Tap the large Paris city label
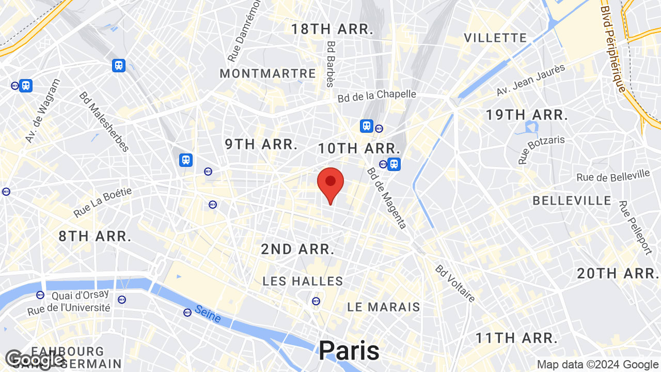pyautogui.click(x=349, y=351)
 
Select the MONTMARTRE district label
pyautogui.click(x=267, y=74)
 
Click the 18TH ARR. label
pyautogui.click(x=332, y=29)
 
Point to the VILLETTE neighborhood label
pyautogui.click(x=495, y=38)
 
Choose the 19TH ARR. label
pyautogui.click(x=527, y=115)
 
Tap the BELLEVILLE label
pyautogui.click(x=572, y=200)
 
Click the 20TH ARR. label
pyautogui.click(x=617, y=274)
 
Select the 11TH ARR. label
pyautogui.click(x=516, y=338)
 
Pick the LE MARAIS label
pyautogui.click(x=384, y=307)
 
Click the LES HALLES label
pyautogui.click(x=303, y=282)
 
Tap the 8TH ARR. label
pyautogui.click(x=95, y=237)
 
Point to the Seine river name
pyautogui.click(x=208, y=314)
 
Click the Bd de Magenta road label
pyautogui.click(x=387, y=198)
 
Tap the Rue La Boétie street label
pyautogui.click(x=103, y=202)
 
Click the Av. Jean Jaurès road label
pyautogui.click(x=531, y=80)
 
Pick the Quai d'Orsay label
pyautogui.click(x=80, y=296)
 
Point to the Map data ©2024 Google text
pyautogui.click(x=597, y=365)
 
